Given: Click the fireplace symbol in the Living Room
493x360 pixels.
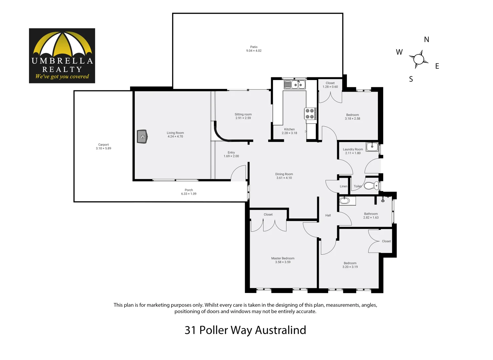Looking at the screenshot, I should click(x=142, y=137).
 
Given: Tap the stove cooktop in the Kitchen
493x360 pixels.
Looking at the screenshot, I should click(x=310, y=114).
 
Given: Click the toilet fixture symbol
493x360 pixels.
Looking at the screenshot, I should click(x=371, y=185).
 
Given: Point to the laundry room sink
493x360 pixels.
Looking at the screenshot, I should click(x=372, y=146).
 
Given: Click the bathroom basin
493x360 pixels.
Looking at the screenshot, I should click(x=344, y=201).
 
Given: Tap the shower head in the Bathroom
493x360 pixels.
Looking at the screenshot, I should click(x=383, y=199).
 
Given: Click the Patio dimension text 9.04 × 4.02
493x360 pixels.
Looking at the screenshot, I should click(x=254, y=51).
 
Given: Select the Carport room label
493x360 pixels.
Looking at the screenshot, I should click(x=103, y=145).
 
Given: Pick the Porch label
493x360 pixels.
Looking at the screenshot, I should click(x=189, y=190).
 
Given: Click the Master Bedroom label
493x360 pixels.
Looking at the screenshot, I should click(x=283, y=258).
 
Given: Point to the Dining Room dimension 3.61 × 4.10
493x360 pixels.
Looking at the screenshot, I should click(x=284, y=178).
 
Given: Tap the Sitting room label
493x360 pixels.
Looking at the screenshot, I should click(x=243, y=114).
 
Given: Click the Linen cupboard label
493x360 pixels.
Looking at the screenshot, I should click(x=344, y=186).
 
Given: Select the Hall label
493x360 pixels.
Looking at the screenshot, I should click(x=328, y=215).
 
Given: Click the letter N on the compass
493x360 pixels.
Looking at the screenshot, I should click(x=427, y=40).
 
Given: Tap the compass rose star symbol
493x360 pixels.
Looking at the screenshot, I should click(x=418, y=59).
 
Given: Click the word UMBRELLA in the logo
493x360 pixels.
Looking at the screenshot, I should click(x=62, y=61).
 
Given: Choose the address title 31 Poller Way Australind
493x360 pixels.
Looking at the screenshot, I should click(x=245, y=330).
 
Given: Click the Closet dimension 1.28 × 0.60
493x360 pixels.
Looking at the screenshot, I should click(x=330, y=87).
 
